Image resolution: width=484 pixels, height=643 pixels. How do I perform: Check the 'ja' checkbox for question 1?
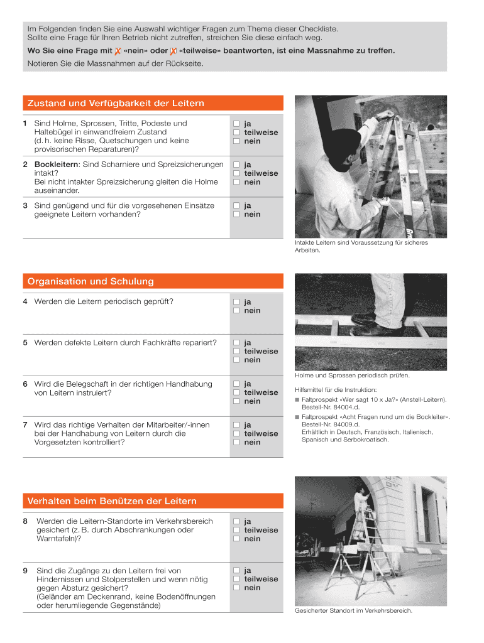(x=237, y=124)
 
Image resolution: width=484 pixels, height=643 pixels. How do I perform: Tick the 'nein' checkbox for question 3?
(x=237, y=214)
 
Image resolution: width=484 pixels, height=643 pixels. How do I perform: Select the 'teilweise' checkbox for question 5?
(x=237, y=352)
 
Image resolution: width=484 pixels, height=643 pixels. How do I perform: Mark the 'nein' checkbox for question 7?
(x=237, y=442)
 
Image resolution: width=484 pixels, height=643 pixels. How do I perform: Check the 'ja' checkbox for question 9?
(x=237, y=571)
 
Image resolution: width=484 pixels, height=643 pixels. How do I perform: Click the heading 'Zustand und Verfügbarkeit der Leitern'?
(x=116, y=103)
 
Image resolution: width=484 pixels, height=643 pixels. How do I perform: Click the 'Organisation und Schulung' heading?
(x=91, y=281)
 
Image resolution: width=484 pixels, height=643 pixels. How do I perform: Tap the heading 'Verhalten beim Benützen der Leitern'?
(x=112, y=501)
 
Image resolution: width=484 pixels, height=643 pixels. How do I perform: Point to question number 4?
(x=25, y=301)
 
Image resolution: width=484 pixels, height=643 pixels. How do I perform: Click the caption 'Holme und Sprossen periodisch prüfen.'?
(x=352, y=376)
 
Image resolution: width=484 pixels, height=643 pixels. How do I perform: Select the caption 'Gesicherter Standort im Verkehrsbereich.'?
(x=354, y=610)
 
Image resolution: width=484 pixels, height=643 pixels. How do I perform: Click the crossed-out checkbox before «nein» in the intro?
(x=118, y=50)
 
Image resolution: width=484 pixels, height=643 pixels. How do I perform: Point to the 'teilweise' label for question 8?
(x=261, y=530)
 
